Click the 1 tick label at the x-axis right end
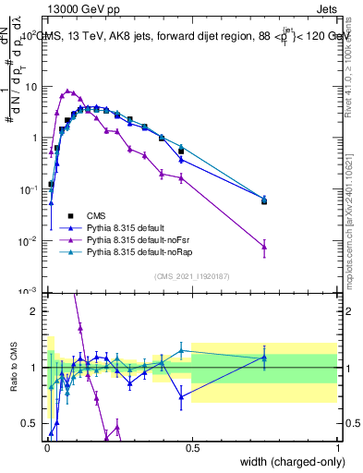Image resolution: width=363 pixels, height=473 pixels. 338,446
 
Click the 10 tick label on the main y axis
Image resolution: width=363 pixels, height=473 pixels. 30,87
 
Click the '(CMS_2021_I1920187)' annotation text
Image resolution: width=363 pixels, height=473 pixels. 191,275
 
